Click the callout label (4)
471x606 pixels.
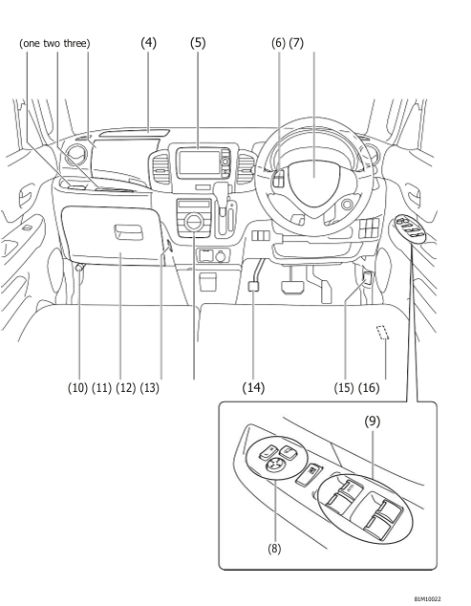click(x=149, y=43)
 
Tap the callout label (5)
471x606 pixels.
click(x=198, y=43)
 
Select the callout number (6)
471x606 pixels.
click(x=284, y=43)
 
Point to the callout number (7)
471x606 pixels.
click(x=310, y=43)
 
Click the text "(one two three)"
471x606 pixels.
click(x=56, y=43)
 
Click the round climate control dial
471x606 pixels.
click(x=194, y=224)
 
